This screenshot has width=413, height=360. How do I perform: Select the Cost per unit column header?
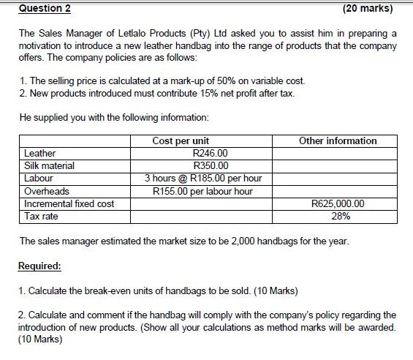(181, 140)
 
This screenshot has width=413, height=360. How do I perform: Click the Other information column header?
(338, 140)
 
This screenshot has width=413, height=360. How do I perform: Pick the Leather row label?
(40, 154)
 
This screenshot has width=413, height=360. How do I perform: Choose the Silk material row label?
(49, 166)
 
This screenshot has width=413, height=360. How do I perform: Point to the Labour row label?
(39, 179)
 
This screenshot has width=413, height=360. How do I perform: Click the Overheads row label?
(47, 191)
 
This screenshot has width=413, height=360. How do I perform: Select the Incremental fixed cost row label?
(69, 203)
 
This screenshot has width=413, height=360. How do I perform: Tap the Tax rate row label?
(41, 216)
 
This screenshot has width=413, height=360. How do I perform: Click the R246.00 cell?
(209, 154)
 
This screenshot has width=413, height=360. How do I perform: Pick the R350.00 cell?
(209, 166)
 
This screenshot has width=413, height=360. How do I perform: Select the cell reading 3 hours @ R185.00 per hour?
(203, 179)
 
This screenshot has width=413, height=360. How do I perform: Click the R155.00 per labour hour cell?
(203, 191)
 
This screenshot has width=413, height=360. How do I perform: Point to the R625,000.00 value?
(338, 203)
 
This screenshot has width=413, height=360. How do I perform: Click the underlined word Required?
(40, 266)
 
